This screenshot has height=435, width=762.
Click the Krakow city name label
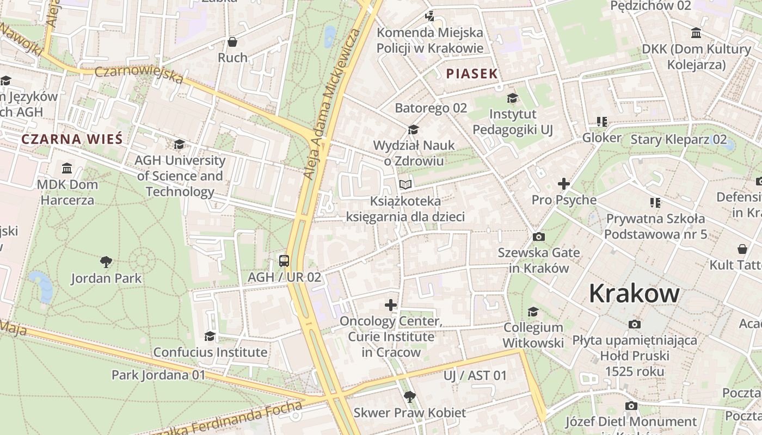coord(634,294)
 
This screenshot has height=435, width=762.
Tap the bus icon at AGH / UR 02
coord(284,260)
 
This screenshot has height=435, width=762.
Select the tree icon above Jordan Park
coord(106,262)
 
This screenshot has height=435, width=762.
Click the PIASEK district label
coord(472,74)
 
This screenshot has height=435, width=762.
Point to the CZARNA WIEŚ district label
coord(72,139)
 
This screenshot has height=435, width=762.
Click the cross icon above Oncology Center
coord(390,305)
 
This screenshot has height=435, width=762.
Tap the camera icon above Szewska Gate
coord(538,237)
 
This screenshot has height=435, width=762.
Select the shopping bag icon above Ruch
coord(232,42)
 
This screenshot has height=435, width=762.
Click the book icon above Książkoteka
coord(405,185)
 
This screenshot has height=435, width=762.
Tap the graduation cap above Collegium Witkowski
coord(533,312)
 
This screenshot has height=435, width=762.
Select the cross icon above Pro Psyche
coord(563,184)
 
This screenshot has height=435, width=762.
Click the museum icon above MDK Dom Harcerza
coord(67,168)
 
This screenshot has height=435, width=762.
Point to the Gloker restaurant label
coord(601,138)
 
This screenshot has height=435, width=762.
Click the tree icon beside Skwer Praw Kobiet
coord(409,397)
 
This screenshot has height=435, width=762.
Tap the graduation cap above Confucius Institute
coord(210,337)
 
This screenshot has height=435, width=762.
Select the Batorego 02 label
coord(431,108)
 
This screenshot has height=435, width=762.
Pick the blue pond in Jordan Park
coord(41,285)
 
